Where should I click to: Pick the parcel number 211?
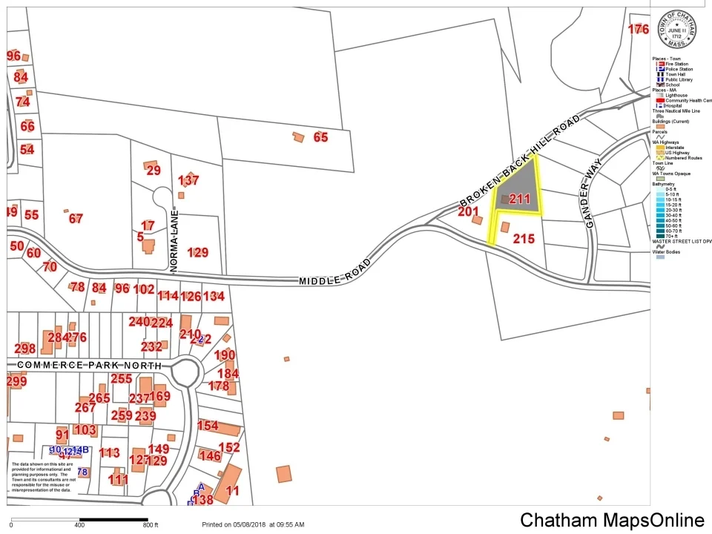coord(519,199)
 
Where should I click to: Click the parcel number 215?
coord(524,239)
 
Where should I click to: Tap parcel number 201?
coord(468,211)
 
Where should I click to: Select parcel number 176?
coord(638,30)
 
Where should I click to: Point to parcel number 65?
coord(320,137)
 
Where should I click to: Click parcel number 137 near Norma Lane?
coord(188,180)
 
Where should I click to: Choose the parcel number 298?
coord(24,349)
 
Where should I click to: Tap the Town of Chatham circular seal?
coord(679,30)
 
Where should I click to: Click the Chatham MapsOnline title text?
coord(611,520)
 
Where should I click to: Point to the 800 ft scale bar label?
coord(151,525)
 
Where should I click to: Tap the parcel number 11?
coord(232,489)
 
